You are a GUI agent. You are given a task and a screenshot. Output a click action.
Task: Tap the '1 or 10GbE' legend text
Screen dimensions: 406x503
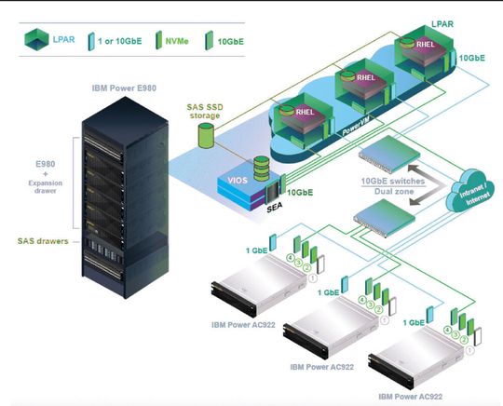[124, 39]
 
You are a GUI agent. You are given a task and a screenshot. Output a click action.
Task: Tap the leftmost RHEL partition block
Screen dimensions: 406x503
[301, 119]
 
